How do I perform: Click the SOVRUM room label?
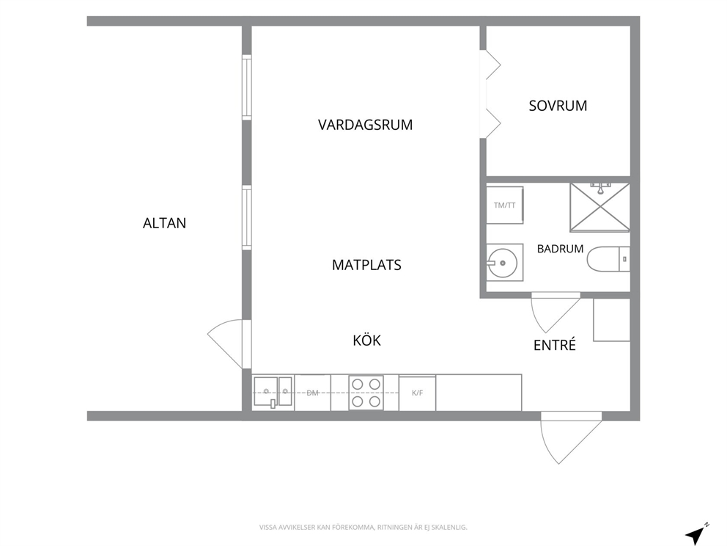click(x=558, y=106)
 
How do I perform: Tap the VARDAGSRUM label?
click(x=366, y=125)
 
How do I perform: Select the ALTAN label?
click(x=164, y=223)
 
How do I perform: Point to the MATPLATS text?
click(x=366, y=265)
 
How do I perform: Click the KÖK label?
click(x=366, y=341)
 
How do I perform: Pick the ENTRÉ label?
click(x=555, y=345)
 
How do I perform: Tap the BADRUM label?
click(x=560, y=249)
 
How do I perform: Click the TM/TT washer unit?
click(x=504, y=205)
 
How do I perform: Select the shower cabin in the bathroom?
click(x=600, y=207)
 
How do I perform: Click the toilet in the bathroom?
click(x=608, y=259)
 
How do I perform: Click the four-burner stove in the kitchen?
click(x=366, y=393)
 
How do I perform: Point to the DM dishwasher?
click(x=312, y=393)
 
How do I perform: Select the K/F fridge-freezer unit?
click(x=417, y=393)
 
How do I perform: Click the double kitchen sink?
click(x=273, y=393)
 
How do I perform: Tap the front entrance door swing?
click(x=571, y=438)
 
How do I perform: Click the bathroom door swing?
click(x=556, y=313)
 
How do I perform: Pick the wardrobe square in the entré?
click(x=611, y=320)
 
